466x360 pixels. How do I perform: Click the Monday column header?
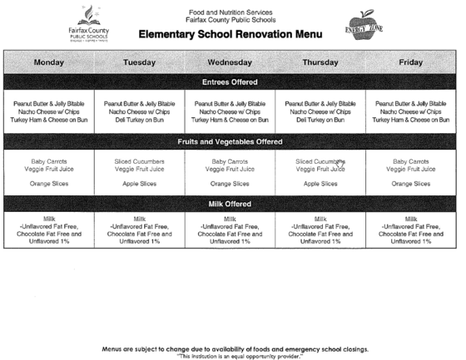48,62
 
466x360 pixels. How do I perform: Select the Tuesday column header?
139,62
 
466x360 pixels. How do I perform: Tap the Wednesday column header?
230,62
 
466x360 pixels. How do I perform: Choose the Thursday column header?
320,62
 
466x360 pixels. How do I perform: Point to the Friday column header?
411,62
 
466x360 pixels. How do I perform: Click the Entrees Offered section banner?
230,82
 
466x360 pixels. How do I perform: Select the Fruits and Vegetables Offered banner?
230,142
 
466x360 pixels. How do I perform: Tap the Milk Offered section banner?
230,204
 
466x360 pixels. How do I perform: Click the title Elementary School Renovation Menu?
230,34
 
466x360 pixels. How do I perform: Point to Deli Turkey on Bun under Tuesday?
139,120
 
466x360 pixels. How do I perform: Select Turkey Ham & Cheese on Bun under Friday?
411,120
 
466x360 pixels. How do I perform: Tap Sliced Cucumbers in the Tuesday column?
139,161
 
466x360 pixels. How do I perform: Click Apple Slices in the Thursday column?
320,184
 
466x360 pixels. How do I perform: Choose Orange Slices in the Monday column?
48,184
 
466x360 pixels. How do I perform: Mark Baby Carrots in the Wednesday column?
230,161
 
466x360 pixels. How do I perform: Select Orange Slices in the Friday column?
411,184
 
